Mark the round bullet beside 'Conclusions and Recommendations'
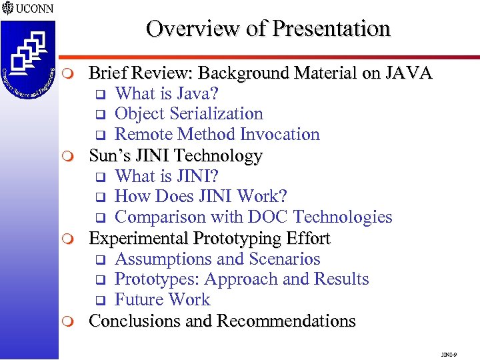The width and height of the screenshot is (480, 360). click(75, 321)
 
